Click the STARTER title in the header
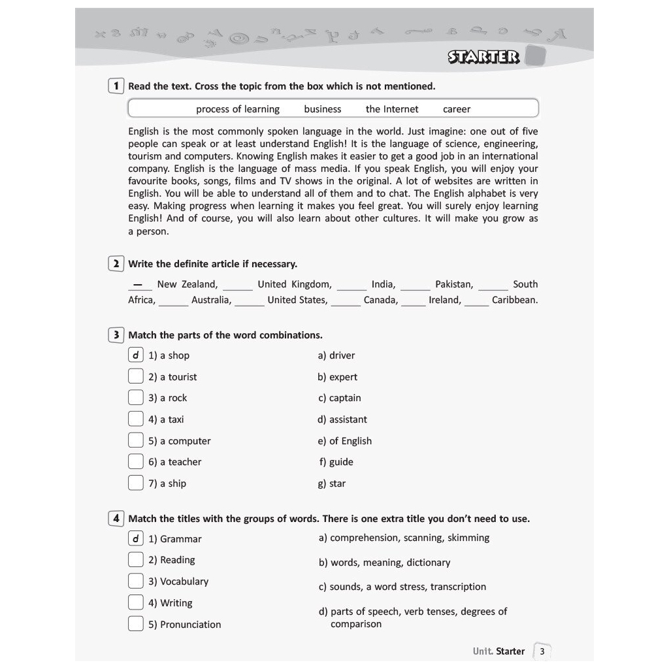click(483, 57)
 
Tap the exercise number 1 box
click(116, 86)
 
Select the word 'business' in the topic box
click(323, 109)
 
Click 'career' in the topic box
click(457, 109)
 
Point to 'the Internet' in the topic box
click(392, 109)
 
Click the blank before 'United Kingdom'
click(238, 286)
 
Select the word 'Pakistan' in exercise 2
click(454, 284)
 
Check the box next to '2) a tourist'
click(135, 376)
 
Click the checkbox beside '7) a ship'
click(135, 483)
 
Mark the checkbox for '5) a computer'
click(135, 440)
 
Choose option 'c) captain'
click(340, 398)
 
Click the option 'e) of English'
click(345, 441)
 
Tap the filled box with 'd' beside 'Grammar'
click(135, 538)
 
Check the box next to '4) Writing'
click(135, 602)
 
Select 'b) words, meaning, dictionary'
click(385, 563)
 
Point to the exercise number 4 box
click(116, 519)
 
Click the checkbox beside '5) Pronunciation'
click(135, 624)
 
